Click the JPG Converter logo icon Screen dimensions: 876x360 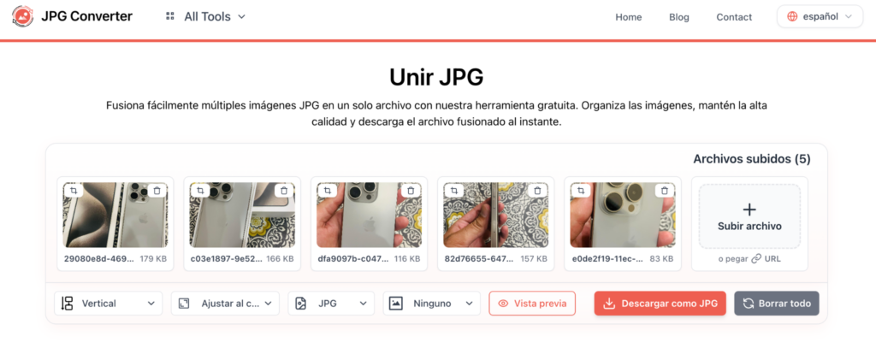point(22,17)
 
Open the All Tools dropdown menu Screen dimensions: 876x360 point(205,17)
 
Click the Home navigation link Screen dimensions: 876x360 point(629,17)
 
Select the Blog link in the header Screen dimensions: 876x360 point(678,17)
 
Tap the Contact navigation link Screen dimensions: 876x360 point(734,17)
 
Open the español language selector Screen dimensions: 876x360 point(820,17)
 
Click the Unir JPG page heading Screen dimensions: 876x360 point(436,78)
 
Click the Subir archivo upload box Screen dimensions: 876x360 point(749,216)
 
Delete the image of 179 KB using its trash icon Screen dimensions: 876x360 point(157,191)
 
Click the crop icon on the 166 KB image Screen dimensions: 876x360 point(200,191)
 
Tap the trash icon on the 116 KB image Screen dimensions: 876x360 point(411,191)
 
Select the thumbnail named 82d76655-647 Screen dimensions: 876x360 point(495,215)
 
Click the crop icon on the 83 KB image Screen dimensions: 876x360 point(581,191)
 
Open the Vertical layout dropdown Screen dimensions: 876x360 point(109,303)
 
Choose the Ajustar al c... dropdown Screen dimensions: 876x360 point(225,303)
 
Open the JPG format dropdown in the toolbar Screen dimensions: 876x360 point(331,303)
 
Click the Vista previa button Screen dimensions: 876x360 point(532,303)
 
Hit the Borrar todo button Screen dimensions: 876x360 point(777,303)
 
